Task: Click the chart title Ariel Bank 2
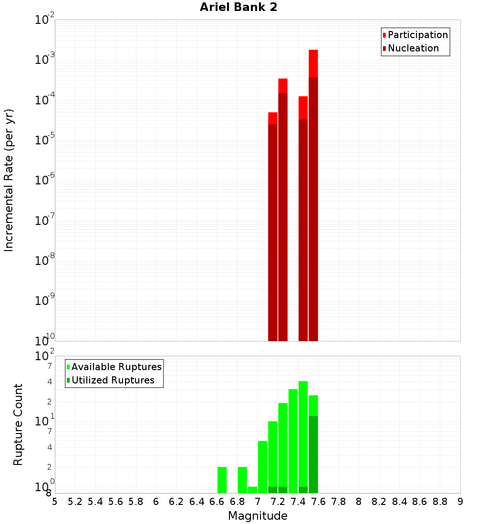(x=238, y=7)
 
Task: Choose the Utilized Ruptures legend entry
(x=113, y=380)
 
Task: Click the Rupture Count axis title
(x=18, y=424)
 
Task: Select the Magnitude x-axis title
(x=258, y=516)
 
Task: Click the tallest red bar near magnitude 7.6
(x=313, y=191)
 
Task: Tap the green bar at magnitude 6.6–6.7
(x=222, y=480)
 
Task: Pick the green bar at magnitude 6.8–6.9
(x=242, y=480)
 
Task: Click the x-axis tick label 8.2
(x=379, y=502)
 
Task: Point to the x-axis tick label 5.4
(x=95, y=502)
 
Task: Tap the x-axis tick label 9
(x=460, y=502)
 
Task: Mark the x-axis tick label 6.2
(x=176, y=502)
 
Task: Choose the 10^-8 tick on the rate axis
(x=45, y=261)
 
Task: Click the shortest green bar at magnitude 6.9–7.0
(x=252, y=490)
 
